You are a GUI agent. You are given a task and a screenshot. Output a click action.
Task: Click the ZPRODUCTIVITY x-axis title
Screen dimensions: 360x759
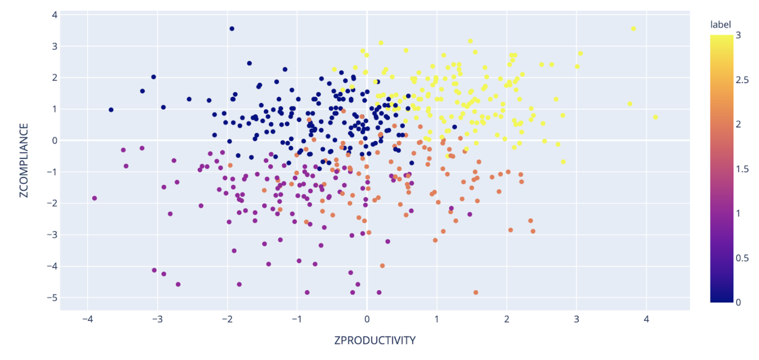coord(375,340)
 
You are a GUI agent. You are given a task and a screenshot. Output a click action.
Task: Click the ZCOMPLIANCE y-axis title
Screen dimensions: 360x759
coord(24,160)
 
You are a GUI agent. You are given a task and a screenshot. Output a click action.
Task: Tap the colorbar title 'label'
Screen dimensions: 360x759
coord(720,25)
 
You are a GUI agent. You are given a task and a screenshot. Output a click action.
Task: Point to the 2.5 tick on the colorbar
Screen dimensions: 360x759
coord(742,80)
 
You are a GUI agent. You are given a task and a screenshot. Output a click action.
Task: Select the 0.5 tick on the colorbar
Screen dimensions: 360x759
coord(742,258)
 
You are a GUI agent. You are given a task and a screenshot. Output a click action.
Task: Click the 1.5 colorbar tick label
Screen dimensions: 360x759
coord(742,169)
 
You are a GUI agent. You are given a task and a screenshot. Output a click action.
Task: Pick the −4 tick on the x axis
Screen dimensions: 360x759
coord(87,319)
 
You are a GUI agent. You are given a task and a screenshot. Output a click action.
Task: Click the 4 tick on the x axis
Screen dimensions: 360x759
coord(646,319)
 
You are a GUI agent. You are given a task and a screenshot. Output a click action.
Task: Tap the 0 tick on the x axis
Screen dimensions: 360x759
coord(367,319)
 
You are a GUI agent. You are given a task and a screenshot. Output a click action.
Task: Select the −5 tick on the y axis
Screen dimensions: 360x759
coord(52,298)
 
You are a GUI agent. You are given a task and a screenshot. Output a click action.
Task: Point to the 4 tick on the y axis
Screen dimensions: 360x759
coord(55,15)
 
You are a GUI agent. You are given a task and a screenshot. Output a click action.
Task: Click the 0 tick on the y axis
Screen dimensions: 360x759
coord(55,141)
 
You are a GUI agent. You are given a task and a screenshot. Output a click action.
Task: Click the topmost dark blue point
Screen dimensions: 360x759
coord(232,29)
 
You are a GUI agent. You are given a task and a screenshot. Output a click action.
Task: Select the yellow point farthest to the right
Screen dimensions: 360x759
coord(655,117)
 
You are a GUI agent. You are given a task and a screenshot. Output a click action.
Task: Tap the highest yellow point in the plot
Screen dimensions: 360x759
coord(633,29)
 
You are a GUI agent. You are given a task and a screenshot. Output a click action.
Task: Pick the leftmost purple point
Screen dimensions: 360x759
coord(95,198)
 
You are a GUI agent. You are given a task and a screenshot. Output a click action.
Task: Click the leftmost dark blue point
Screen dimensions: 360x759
coord(111,110)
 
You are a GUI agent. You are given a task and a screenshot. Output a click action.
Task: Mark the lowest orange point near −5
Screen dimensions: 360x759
coord(476,292)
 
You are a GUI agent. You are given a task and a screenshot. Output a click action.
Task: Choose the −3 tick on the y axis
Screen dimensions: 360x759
coord(52,235)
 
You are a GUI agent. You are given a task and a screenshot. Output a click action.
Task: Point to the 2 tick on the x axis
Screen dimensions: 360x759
coord(507,319)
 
